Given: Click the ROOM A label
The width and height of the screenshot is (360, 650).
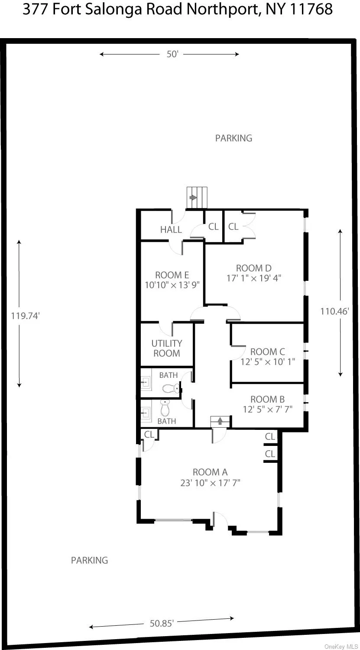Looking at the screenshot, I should tap(210, 472).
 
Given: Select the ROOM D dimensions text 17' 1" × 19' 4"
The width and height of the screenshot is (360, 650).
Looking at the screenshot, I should tap(254, 278).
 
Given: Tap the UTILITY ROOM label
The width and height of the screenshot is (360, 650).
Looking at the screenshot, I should tap(167, 348).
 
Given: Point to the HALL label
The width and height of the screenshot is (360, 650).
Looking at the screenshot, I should tap(171, 230).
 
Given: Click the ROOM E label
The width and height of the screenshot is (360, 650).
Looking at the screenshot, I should tap(172, 275).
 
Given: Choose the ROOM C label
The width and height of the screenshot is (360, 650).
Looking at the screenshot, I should tap(268, 351).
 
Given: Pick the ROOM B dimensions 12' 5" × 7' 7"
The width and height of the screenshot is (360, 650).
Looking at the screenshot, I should tap(268, 409).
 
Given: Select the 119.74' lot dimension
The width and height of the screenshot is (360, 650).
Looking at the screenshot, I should tap(26, 316).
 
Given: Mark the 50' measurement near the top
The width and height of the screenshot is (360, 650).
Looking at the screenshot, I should tap(172, 54).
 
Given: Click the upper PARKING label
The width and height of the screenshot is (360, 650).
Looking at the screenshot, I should tap(234, 138).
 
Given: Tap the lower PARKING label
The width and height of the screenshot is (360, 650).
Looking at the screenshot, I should tap(89, 560).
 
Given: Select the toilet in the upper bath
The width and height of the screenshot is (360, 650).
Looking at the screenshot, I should tap(169, 388).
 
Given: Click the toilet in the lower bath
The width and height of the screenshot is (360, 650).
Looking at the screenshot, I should tap(165, 407).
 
